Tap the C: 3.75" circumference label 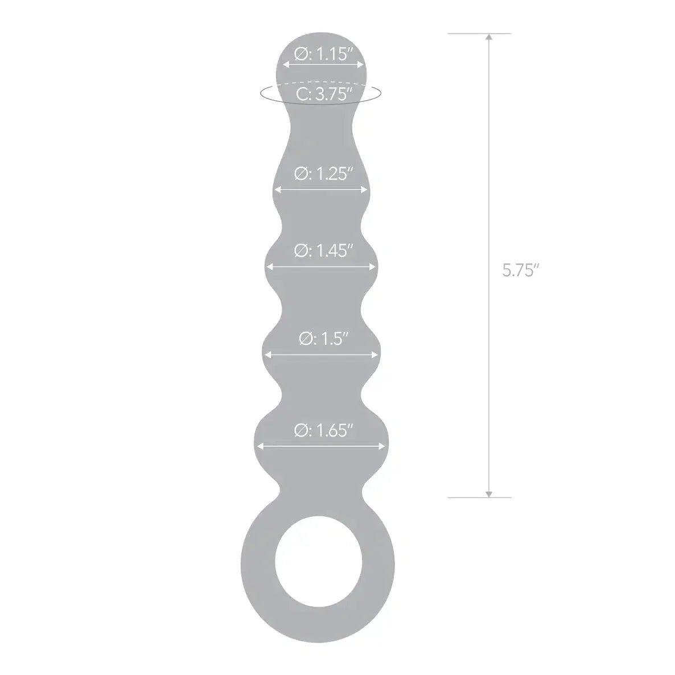pyautogui.click(x=323, y=94)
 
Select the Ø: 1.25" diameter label pyautogui.click(x=322, y=173)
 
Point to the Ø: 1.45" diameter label pyautogui.click(x=322, y=250)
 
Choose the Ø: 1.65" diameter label pyautogui.click(x=322, y=431)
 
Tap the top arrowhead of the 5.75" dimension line pyautogui.click(x=488, y=38)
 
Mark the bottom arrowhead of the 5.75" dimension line pyautogui.click(x=488, y=493)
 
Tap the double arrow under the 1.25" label pyautogui.click(x=322, y=190)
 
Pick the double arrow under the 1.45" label pyautogui.click(x=322, y=265)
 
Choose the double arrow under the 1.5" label pyautogui.click(x=322, y=355)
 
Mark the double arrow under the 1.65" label pyautogui.click(x=322, y=446)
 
